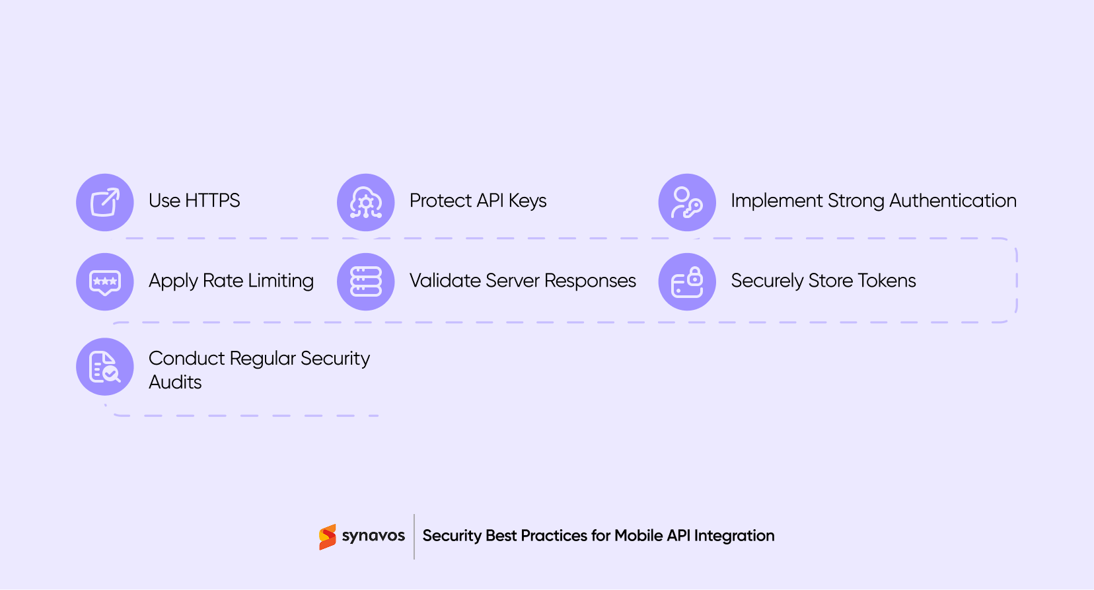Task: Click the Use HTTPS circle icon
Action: (105, 202)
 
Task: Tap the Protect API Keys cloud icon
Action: (366, 202)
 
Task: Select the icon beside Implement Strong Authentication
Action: (687, 202)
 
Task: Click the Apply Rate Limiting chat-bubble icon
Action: (105, 281)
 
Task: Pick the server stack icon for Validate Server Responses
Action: (366, 281)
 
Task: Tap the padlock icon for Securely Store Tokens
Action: (687, 281)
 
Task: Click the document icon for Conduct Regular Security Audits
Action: (105, 367)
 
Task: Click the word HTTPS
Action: (212, 201)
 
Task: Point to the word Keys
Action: (527, 201)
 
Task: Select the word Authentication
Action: (953, 201)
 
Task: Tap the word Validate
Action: (445, 281)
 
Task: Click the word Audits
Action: (175, 383)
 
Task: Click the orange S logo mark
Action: (327, 536)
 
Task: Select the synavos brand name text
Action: (373, 536)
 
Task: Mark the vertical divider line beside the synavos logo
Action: (414, 536)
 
